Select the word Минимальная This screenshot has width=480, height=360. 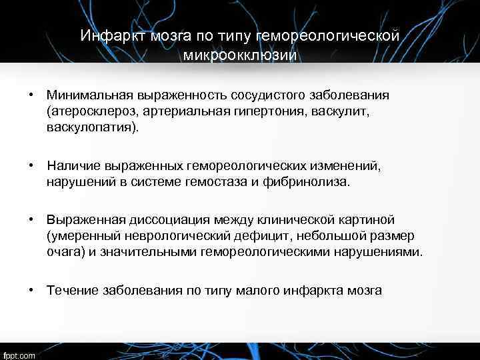(x=87, y=95)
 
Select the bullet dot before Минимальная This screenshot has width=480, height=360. (x=31, y=95)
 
